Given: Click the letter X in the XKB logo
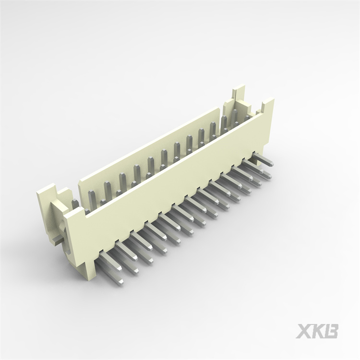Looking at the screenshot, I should (x=304, y=331).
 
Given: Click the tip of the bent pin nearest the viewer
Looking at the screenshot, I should (x=120, y=283).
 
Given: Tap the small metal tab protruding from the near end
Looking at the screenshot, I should (x=57, y=240).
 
